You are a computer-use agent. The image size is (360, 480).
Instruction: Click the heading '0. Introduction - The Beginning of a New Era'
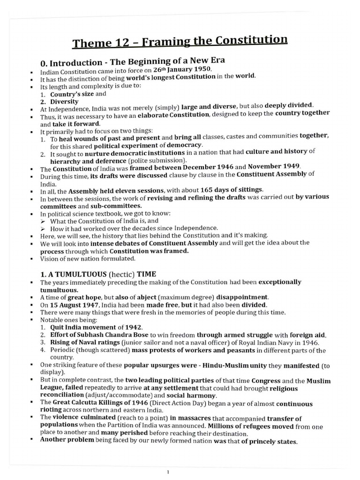133,62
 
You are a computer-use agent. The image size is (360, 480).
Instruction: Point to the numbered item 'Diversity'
65,101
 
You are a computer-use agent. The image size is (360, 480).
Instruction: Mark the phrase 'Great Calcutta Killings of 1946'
96,403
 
